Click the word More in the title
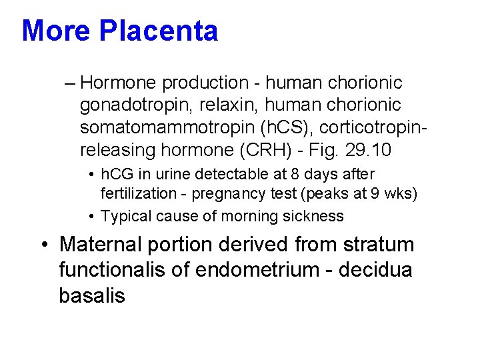(x=56, y=31)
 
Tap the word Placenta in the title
(x=159, y=31)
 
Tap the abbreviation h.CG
(x=117, y=174)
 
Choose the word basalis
(x=92, y=295)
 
